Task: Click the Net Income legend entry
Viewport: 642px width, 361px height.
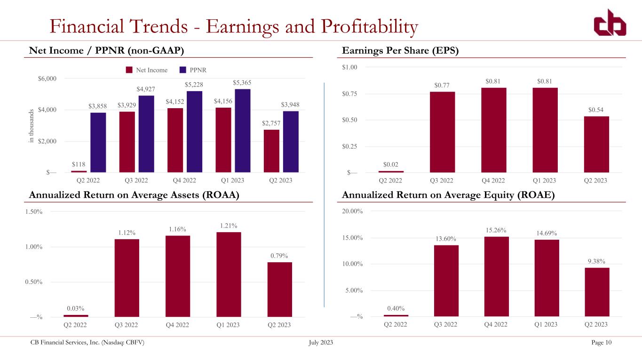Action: click(x=146, y=70)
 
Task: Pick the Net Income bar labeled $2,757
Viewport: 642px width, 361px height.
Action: click(x=271, y=151)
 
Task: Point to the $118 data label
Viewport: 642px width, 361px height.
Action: click(x=79, y=165)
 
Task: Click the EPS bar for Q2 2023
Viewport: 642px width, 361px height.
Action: click(x=596, y=144)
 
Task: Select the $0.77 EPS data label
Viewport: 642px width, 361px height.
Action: click(x=442, y=85)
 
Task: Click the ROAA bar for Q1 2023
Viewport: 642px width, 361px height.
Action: click(x=229, y=275)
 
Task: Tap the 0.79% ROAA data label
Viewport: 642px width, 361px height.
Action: click(x=279, y=256)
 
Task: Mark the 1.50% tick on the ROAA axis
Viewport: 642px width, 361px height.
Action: click(x=33, y=212)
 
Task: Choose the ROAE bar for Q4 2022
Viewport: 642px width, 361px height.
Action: click(x=497, y=276)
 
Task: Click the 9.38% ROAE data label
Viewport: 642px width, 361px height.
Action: click(x=597, y=261)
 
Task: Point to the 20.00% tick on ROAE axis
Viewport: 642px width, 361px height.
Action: click(x=352, y=212)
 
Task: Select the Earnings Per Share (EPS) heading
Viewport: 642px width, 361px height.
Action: click(x=400, y=51)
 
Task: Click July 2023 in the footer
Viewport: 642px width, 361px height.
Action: click(x=321, y=342)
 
